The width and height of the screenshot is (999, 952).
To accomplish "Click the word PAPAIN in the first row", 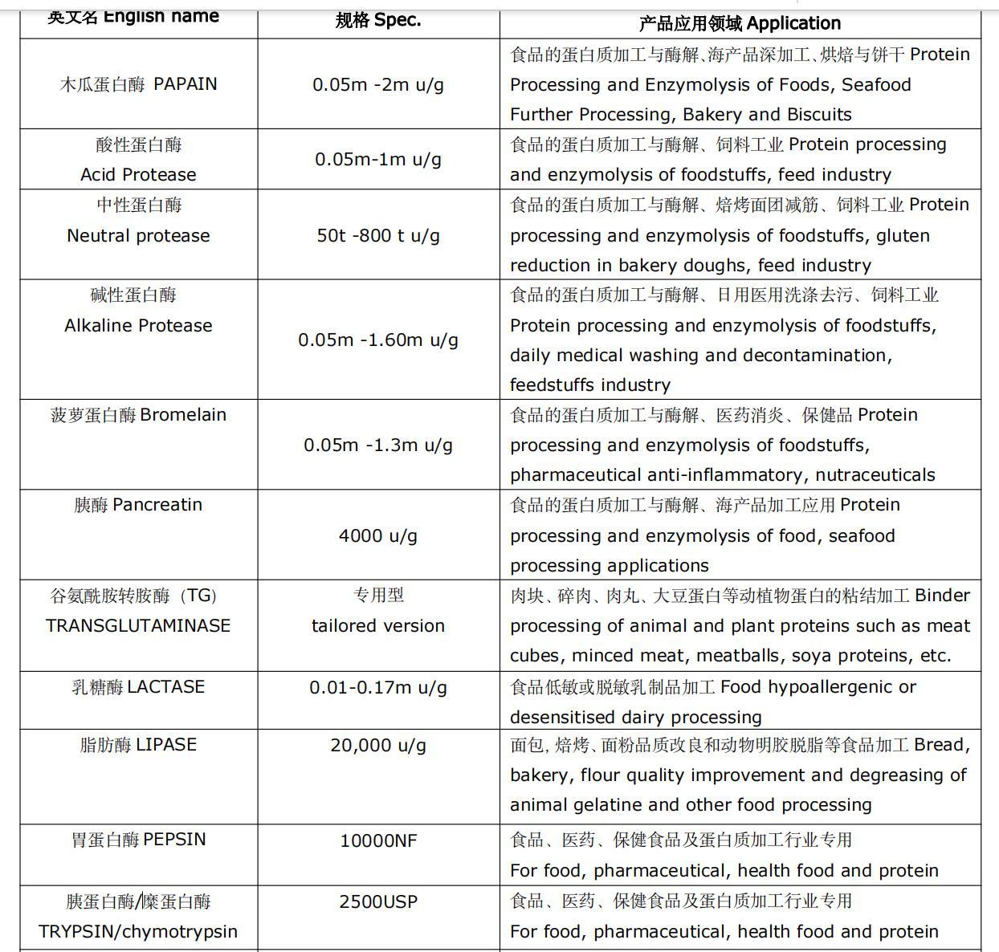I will tap(185, 84).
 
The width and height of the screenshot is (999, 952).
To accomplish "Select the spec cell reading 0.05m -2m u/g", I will tap(378, 84).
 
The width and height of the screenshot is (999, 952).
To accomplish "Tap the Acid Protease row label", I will tap(138, 174).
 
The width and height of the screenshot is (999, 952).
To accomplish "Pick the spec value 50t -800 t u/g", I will tap(378, 235).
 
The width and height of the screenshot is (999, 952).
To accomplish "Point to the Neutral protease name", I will tap(138, 235).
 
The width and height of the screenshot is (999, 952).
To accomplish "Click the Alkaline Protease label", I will tap(138, 325).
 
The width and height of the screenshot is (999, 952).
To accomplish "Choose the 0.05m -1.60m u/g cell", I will tap(378, 340).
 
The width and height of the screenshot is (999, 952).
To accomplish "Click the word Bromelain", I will tap(183, 415).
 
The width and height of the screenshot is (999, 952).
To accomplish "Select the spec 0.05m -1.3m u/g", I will tap(378, 445).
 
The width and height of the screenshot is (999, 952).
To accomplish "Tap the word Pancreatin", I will tap(157, 505).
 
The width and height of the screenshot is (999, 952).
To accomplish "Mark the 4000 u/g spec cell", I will tap(378, 535).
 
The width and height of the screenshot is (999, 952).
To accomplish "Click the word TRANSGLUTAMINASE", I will tap(138, 625).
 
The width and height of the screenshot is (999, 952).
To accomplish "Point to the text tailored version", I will tap(378, 625).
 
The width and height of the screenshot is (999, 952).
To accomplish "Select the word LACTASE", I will tap(166, 687).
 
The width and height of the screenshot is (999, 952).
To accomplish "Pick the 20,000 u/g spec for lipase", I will tap(378, 745).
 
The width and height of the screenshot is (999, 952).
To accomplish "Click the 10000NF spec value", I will tap(378, 840).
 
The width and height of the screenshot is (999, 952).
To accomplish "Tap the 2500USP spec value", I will tap(378, 901).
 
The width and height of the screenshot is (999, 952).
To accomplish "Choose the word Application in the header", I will tap(793, 23).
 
